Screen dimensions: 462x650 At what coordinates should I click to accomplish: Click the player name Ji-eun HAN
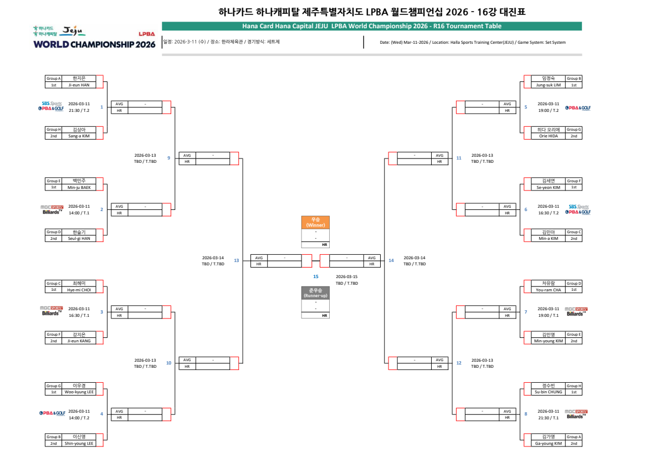click(78, 85)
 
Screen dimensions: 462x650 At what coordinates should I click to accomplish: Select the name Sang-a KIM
click(78, 136)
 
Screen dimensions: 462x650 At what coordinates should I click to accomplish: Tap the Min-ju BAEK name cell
click(78, 187)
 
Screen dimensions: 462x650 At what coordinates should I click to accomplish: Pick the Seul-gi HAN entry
click(78, 239)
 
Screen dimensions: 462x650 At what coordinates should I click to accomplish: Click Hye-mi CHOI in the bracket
click(78, 290)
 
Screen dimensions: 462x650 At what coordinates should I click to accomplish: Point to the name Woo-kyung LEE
click(78, 392)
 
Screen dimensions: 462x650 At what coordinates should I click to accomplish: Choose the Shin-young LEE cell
click(78, 443)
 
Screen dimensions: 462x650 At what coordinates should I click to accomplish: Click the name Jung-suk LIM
click(549, 85)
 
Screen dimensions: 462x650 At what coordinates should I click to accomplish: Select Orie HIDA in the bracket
click(549, 136)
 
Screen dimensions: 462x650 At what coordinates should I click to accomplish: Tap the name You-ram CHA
click(549, 290)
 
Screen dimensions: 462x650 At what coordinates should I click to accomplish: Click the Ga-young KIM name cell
click(549, 443)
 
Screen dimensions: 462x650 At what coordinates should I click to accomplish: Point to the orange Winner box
click(315, 222)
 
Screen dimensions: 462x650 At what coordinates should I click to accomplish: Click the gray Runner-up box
click(315, 292)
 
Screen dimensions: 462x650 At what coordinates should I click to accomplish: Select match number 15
click(316, 276)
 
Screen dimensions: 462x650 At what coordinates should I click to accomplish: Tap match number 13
click(237, 260)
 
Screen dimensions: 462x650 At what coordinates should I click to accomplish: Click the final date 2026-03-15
click(347, 276)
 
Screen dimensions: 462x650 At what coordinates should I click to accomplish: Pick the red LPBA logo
click(147, 34)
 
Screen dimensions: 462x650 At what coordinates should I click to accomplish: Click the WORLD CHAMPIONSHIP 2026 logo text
click(94, 44)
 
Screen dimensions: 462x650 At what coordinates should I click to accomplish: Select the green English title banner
click(371, 26)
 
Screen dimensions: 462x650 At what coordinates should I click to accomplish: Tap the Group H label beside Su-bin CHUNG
click(574, 386)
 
